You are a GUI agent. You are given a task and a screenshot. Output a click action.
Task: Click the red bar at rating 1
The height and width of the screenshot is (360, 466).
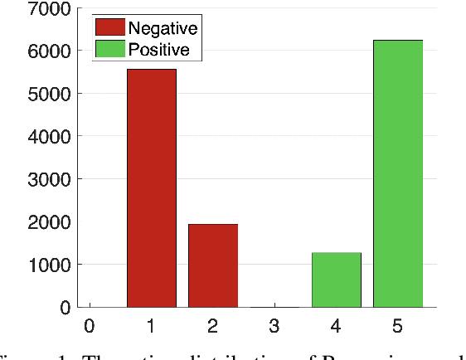151,188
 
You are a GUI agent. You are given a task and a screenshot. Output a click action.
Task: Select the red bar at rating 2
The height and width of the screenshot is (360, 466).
213,265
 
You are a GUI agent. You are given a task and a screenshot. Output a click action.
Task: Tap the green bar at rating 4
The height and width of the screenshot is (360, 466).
336,280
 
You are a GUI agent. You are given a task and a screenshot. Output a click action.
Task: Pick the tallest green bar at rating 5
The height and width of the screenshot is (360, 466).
398,173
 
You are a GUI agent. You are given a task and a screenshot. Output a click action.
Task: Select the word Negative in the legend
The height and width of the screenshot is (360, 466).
163,29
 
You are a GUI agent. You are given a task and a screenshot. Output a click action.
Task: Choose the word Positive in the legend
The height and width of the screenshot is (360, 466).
158,50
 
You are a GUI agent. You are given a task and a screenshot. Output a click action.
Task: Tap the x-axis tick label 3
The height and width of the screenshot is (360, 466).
274,327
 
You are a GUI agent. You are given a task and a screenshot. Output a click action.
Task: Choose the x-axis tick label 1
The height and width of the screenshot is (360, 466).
151,327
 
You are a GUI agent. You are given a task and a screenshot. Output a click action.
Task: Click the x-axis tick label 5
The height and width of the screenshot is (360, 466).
398,327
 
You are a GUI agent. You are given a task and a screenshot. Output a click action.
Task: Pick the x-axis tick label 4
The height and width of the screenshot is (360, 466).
336,327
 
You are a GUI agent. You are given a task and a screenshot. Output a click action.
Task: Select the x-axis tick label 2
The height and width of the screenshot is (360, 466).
213,327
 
